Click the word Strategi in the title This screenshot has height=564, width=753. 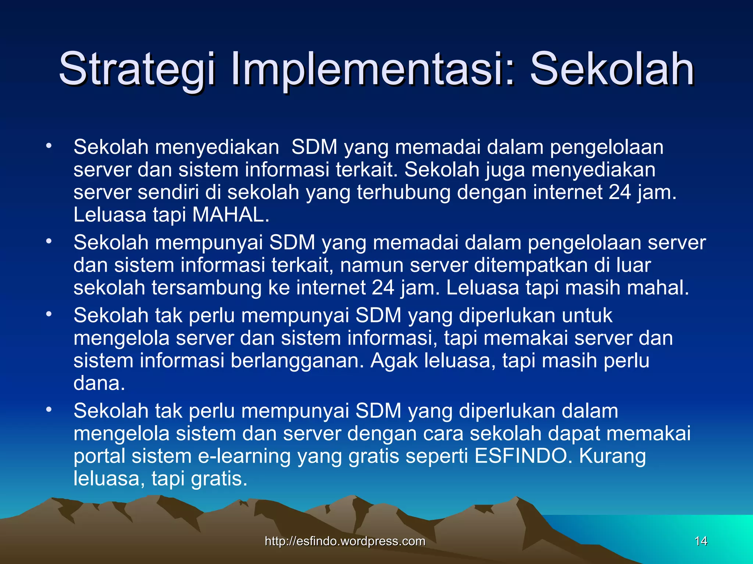(136, 69)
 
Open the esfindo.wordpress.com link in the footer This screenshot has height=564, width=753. (345, 541)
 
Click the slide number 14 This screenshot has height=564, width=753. (701, 541)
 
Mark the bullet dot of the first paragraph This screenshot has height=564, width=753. (49, 146)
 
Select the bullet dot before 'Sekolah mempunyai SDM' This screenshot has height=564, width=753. (49, 242)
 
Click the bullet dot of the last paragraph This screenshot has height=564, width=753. (49, 409)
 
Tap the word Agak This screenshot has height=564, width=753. (394, 361)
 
